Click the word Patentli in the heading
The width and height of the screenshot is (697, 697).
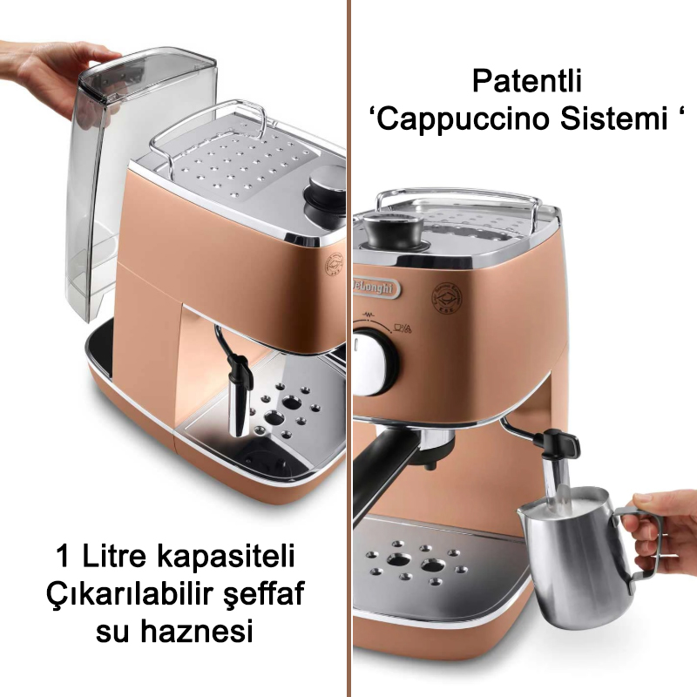[x=526, y=82]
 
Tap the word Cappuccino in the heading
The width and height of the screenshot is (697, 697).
[x=478, y=119]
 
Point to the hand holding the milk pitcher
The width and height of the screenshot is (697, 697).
[x=667, y=523]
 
